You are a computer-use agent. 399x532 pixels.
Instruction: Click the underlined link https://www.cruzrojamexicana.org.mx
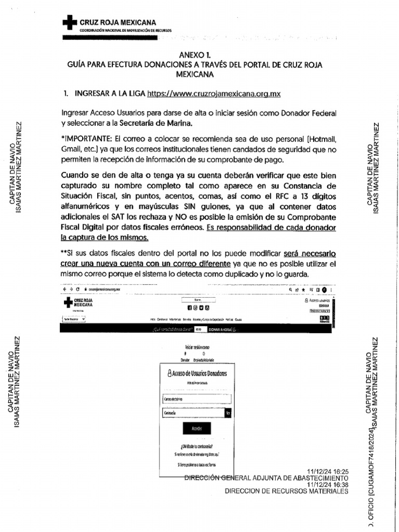[214, 94]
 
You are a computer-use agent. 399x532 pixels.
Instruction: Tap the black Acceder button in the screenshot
[196, 428]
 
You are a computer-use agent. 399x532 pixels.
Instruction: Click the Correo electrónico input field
[196, 398]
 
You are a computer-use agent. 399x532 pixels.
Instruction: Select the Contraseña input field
[192, 413]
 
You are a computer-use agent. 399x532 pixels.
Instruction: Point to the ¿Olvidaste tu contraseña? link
[196, 445]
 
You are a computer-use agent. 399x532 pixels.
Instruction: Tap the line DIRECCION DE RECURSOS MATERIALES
[290, 491]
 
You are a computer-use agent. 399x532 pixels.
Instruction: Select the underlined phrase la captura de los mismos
[105, 237]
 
